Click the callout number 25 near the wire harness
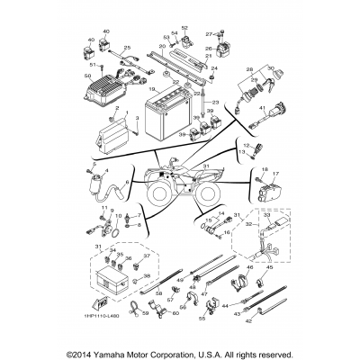click(127, 46)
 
